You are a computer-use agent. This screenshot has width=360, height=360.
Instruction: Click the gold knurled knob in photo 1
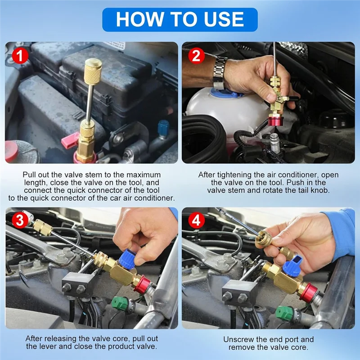pyautogui.click(x=92, y=71)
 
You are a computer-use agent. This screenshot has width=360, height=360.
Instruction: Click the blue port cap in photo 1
pyautogui.click(x=163, y=126)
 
